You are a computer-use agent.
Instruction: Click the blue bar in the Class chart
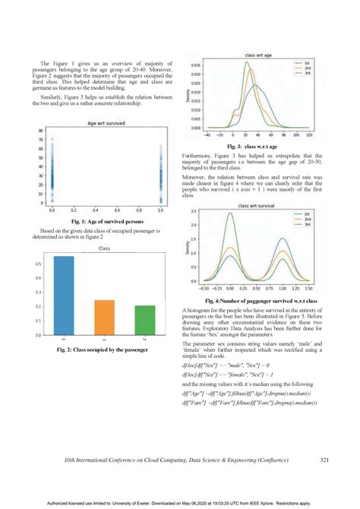(64, 296)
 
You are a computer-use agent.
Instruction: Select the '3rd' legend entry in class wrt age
(308, 74)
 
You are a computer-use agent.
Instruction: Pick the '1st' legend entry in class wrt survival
(308, 214)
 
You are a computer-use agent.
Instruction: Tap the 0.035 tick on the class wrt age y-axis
(196, 66)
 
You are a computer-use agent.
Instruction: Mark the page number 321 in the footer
(324, 460)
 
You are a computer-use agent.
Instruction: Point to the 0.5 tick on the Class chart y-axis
(39, 264)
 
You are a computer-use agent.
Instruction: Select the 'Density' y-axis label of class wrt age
(187, 96)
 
